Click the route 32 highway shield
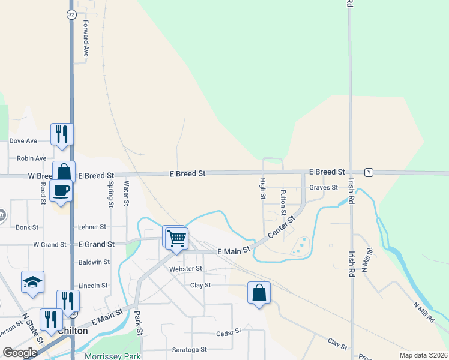[71, 14]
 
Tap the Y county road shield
[369, 172]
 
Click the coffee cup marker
[62, 191]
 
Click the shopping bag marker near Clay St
[259, 293]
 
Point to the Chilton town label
[73, 331]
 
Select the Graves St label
[324, 187]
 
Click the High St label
[262, 190]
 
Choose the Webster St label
[186, 269]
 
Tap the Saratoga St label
[187, 349]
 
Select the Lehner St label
[92, 227]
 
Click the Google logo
[20, 353]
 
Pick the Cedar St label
[228, 331]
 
